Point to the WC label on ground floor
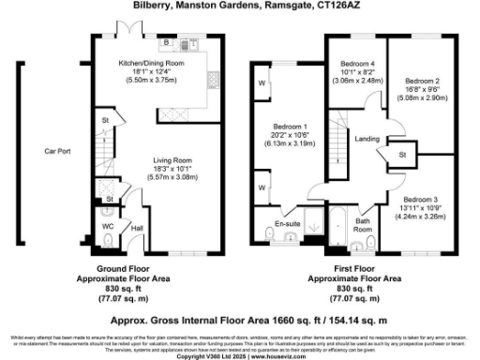110,227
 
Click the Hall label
137,228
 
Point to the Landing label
367,139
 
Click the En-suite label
287,225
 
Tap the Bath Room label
363,224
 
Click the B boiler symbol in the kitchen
166,43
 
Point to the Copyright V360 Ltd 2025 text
240,356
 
